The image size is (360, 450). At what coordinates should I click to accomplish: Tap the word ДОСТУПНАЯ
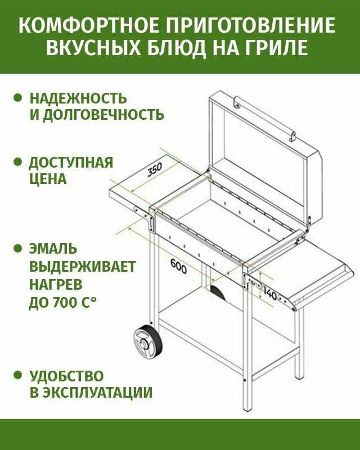(x=71, y=163)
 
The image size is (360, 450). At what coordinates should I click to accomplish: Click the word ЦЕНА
(x=48, y=179)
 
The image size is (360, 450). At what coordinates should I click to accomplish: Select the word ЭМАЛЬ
(x=53, y=249)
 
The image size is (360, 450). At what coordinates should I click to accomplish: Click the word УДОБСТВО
(x=66, y=376)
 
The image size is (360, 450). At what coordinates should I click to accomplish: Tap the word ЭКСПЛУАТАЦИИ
(x=98, y=393)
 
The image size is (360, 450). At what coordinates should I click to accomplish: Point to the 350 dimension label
(x=154, y=170)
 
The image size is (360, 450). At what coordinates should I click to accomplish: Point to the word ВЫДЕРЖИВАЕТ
(x=82, y=266)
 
